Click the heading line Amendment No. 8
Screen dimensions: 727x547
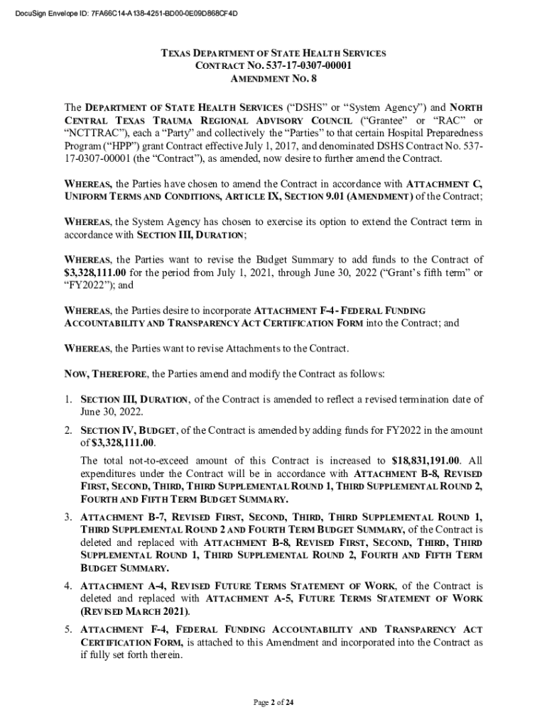[x=273, y=79]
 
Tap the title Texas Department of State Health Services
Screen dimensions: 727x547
[x=273, y=53]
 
